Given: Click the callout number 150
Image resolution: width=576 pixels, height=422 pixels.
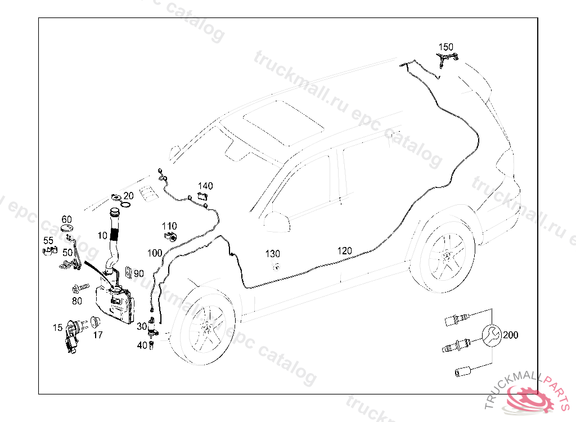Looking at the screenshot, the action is [446, 47].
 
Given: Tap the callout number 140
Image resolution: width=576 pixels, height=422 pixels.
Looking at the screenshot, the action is [205, 186].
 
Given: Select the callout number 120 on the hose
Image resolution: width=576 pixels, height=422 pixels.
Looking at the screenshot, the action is [345, 250].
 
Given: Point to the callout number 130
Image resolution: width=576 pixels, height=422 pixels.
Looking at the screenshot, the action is [273, 254].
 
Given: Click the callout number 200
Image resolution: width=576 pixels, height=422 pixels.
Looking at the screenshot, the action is [510, 335].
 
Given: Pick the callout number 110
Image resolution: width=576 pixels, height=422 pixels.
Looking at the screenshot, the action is [169, 226].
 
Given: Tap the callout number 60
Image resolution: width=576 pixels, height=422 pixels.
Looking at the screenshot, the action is [66, 219].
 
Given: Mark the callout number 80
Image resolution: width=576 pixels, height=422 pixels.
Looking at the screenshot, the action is [77, 301].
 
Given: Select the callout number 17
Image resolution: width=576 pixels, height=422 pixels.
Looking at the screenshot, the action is [98, 335].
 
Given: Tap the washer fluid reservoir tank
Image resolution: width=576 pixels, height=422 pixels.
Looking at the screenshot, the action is [115, 304].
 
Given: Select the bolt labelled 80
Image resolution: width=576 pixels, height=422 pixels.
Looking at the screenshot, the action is [76, 289].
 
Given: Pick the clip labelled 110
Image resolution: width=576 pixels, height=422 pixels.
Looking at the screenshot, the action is [172, 236].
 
